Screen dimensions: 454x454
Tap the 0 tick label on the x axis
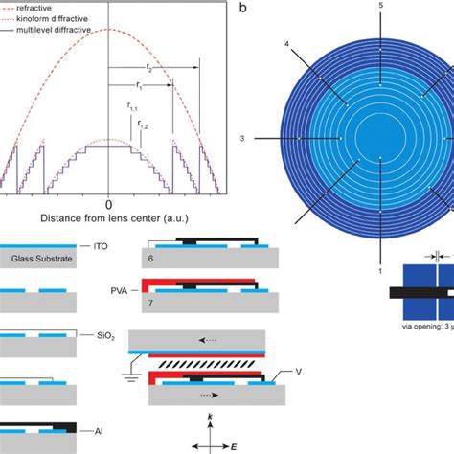(109, 204)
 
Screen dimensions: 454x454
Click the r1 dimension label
(140, 84)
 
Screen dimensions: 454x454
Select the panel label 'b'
(244, 8)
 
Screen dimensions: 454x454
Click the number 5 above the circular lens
(380, 7)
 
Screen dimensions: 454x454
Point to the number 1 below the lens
(380, 271)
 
